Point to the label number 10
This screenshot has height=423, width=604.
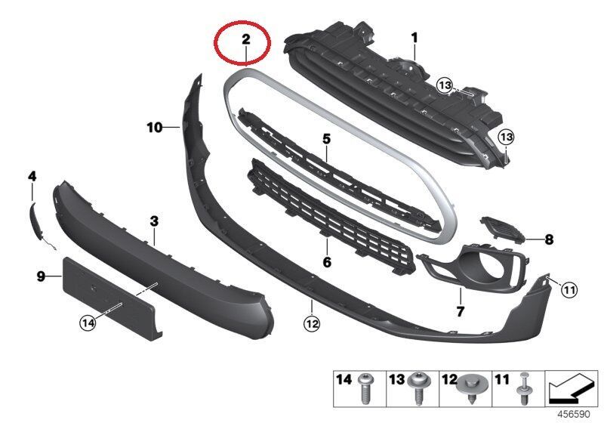click(154, 128)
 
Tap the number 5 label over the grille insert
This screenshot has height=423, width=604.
click(326, 140)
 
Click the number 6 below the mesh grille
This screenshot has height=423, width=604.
click(327, 263)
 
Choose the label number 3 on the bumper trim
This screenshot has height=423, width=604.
click(154, 221)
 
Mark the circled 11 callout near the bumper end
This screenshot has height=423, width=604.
click(569, 289)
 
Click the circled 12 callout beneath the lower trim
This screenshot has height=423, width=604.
click(311, 324)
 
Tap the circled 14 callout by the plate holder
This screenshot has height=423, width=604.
click(89, 323)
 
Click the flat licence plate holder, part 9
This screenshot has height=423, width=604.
click(106, 291)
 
